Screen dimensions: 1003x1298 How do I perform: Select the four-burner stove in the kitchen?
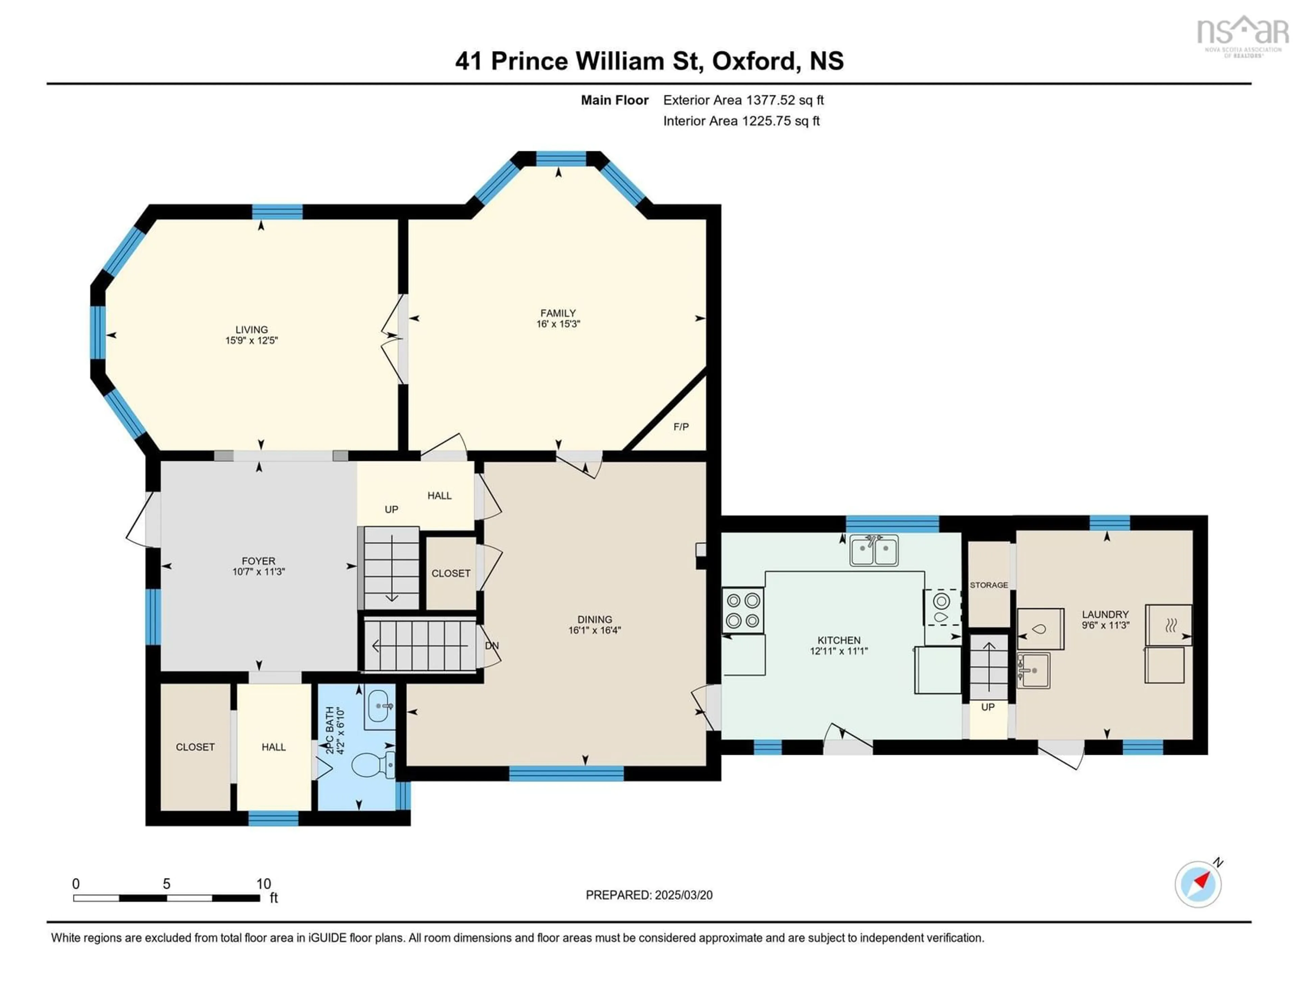point(743,610)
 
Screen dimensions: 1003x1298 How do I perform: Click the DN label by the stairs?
point(491,646)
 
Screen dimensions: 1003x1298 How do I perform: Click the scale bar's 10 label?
point(263,884)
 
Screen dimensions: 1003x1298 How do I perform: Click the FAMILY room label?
point(557,313)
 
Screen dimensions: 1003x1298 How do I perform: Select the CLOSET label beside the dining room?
point(451,573)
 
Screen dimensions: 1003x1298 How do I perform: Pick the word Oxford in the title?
point(753,61)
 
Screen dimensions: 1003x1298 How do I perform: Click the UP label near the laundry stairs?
point(988,707)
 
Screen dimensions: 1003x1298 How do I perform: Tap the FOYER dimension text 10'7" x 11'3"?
point(259,572)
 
